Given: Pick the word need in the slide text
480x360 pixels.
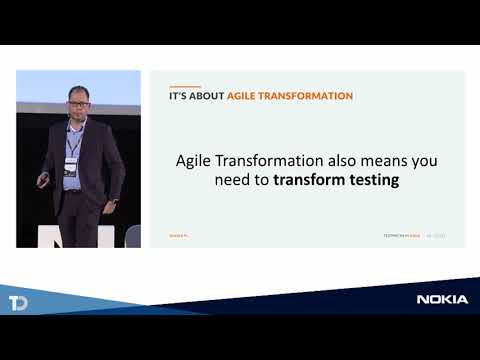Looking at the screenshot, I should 231,181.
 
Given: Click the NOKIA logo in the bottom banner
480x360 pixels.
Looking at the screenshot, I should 441,299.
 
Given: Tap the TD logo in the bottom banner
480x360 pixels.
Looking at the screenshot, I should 17,303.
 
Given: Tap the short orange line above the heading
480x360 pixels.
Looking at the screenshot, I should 177,84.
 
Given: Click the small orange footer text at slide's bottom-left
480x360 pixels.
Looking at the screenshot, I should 178,236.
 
